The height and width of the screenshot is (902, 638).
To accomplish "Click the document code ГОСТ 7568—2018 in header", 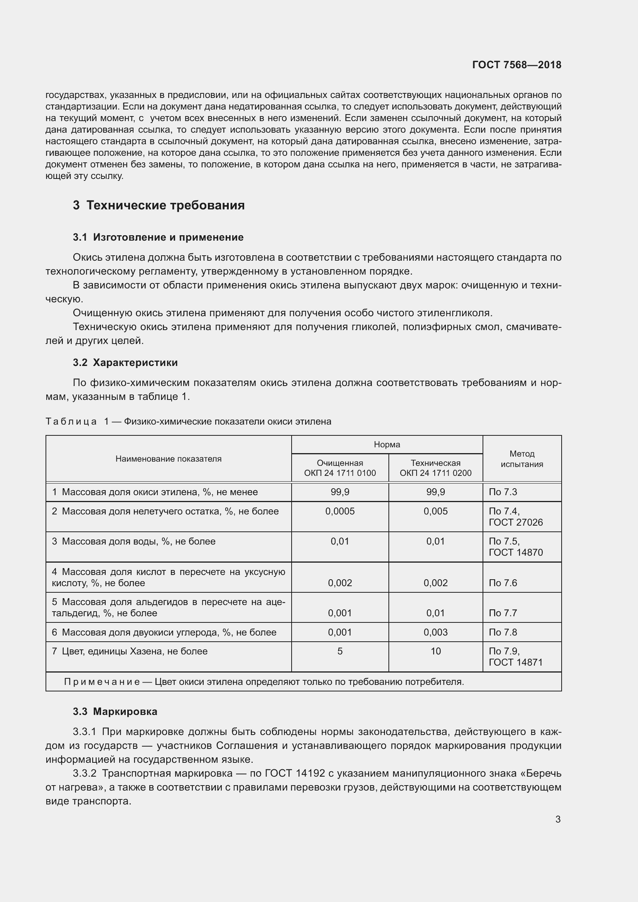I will (x=516, y=65).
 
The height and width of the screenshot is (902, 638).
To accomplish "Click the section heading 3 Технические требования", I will (x=159, y=205).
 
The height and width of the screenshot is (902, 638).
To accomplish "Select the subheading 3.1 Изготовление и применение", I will (x=158, y=237).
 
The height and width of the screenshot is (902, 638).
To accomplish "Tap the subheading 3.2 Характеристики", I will (x=125, y=362).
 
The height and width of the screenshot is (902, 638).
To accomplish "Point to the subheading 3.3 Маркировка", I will (x=115, y=711).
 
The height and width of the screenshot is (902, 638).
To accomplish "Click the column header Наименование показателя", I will (x=168, y=459).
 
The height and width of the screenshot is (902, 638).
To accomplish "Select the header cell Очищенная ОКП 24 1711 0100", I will (x=340, y=468).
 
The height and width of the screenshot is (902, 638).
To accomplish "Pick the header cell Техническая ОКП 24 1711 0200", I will (x=435, y=468).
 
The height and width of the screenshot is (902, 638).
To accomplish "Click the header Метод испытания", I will (x=522, y=459).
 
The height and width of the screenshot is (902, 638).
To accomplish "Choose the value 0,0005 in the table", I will (x=340, y=511).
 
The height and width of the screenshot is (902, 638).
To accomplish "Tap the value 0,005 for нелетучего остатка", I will (x=435, y=511).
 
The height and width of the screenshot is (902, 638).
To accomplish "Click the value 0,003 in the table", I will (x=435, y=632).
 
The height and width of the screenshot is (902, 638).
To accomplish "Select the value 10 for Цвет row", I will (x=435, y=651).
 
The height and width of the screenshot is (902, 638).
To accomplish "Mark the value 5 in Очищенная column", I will (x=340, y=651).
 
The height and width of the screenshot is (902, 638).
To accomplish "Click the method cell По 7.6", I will (x=503, y=583).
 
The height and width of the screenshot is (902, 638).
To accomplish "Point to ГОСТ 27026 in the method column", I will (x=515, y=522).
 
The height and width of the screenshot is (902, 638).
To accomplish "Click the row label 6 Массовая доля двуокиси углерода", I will (x=164, y=632).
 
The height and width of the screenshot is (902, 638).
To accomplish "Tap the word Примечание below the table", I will (x=102, y=681).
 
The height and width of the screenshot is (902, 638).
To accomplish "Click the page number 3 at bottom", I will (x=558, y=819).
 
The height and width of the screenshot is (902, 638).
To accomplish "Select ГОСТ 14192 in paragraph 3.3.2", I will (x=295, y=773).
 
